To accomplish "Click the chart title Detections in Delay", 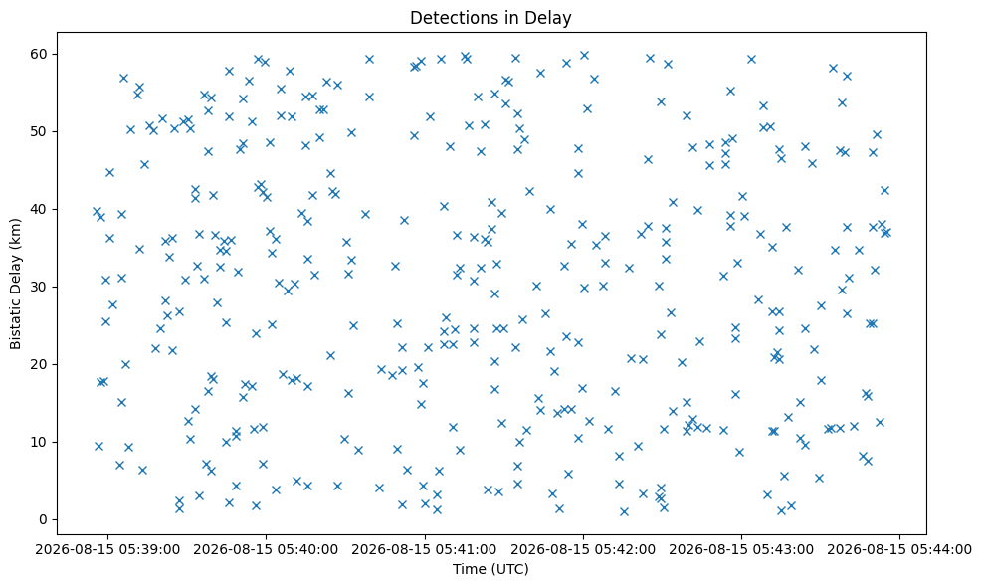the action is click(x=490, y=18).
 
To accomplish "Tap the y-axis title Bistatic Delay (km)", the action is click(x=16, y=285).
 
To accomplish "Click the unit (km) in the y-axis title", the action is click(x=16, y=233).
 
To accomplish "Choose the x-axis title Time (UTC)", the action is click(x=490, y=569).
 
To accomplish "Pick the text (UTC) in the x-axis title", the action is click(x=509, y=569).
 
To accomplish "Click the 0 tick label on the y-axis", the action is click(x=44, y=519).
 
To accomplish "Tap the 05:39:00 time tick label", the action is click(x=107, y=549).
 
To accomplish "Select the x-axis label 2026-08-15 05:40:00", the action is click(x=266, y=549).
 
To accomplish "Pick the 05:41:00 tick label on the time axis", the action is click(x=425, y=549).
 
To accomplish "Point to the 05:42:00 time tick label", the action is click(x=583, y=549).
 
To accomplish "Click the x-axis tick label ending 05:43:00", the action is click(x=741, y=549).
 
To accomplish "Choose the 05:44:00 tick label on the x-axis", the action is click(x=899, y=549).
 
